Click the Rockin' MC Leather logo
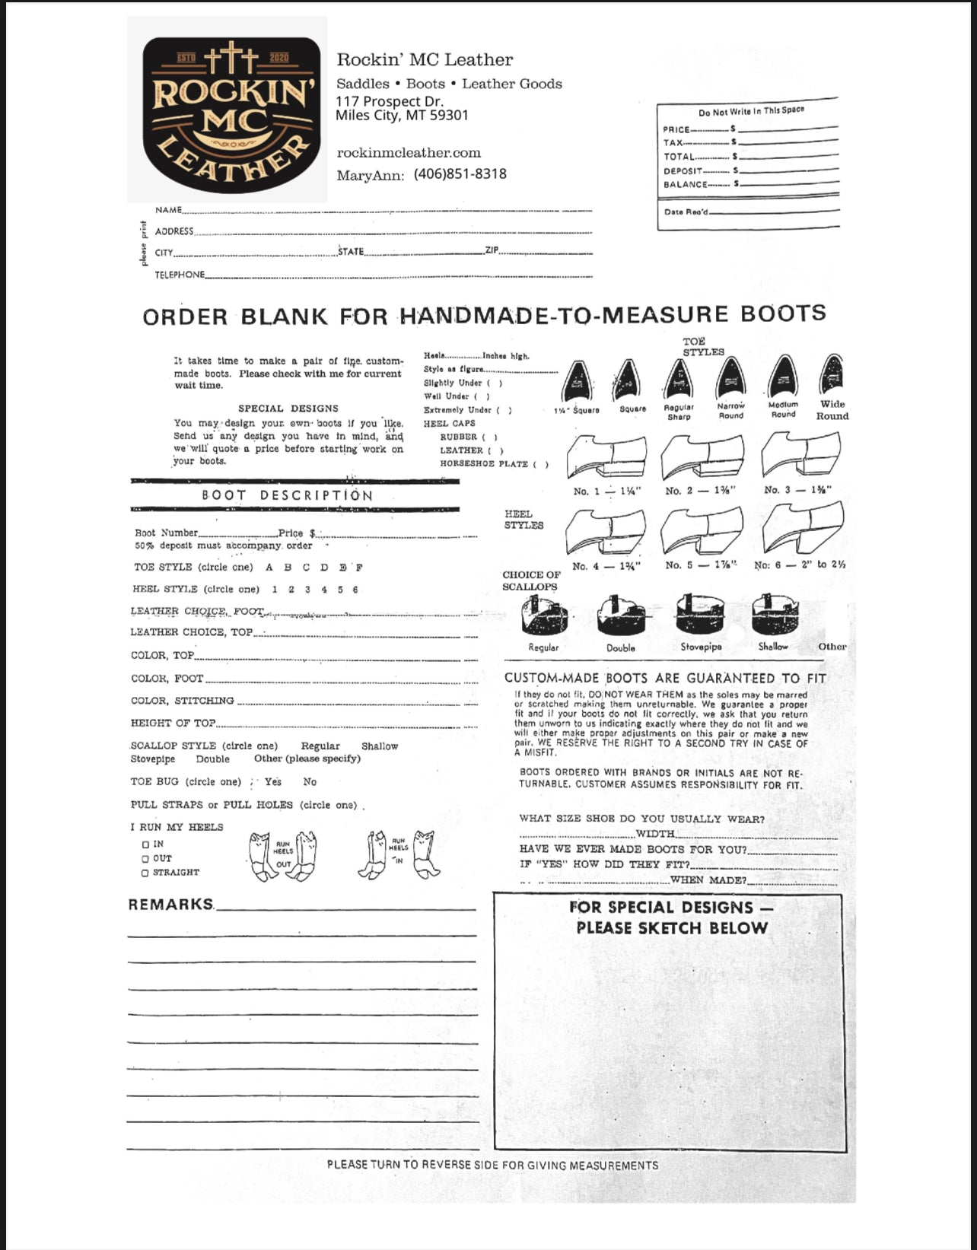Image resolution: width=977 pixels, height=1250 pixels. (228, 110)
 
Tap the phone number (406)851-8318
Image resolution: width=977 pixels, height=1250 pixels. (460, 174)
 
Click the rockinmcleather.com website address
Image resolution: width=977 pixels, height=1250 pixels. (409, 153)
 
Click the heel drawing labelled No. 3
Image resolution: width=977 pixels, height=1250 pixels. (800, 456)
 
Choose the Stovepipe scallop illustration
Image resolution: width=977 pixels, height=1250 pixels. (700, 613)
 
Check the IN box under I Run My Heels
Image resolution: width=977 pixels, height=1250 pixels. (145, 844)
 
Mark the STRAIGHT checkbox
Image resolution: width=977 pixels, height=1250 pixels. (145, 873)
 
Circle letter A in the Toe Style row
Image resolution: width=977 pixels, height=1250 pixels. (269, 568)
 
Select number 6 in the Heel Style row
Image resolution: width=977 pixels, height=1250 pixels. (355, 590)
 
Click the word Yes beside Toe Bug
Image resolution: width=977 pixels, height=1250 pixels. (273, 782)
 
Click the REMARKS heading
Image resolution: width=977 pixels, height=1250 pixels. (170, 905)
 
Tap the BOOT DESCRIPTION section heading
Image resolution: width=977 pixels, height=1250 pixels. (287, 495)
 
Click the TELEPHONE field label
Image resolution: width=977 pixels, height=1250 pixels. (180, 275)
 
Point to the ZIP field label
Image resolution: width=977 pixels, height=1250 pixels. (491, 250)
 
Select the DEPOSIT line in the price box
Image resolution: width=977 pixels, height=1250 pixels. (683, 171)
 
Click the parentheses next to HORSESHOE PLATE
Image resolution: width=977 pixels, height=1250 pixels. (541, 464)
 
